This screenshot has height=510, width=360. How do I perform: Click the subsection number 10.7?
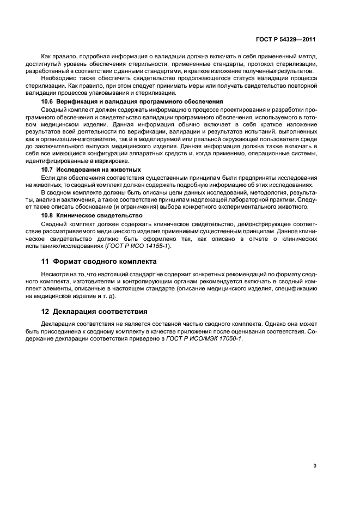coord(47,169)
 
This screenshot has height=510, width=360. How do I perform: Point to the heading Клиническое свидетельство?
coord(99,215)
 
